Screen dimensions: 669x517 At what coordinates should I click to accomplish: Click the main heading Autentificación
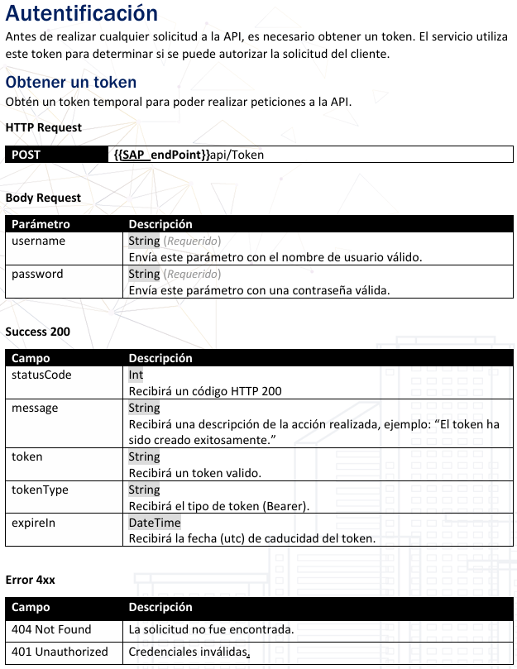coord(81,14)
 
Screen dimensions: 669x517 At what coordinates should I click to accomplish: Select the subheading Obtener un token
coord(70,83)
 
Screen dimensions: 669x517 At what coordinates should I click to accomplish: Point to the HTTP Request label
coord(43,127)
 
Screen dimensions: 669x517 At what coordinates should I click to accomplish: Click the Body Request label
coord(43,198)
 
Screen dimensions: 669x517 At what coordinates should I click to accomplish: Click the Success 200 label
coord(37,332)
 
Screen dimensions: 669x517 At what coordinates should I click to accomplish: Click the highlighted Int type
coord(136,375)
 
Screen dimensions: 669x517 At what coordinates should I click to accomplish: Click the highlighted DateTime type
coord(154,523)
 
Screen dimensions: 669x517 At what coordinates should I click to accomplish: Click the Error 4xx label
coord(30,580)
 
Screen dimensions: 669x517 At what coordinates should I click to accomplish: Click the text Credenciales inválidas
coord(188,652)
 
